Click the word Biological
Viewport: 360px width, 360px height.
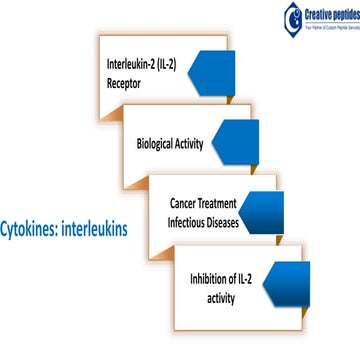(159, 143)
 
